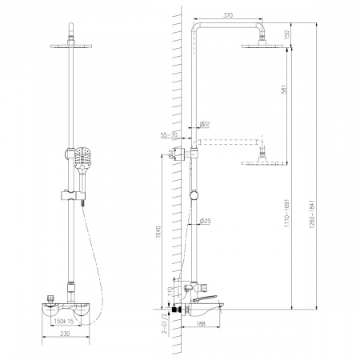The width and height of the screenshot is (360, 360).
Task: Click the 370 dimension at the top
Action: pyautogui.click(x=228, y=15)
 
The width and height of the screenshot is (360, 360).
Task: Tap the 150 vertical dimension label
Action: pyautogui.click(x=287, y=34)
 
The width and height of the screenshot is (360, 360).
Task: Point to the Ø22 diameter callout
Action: pyautogui.click(x=205, y=124)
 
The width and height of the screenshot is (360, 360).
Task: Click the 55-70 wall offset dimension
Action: pyautogui.click(x=169, y=135)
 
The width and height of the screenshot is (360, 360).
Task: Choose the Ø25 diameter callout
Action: pyautogui.click(x=205, y=221)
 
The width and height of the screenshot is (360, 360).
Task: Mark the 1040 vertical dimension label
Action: pyautogui.click(x=158, y=232)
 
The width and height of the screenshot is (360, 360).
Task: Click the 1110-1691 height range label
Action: pyautogui.click(x=287, y=213)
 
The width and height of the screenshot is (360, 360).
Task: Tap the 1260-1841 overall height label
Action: pyautogui.click(x=312, y=214)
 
